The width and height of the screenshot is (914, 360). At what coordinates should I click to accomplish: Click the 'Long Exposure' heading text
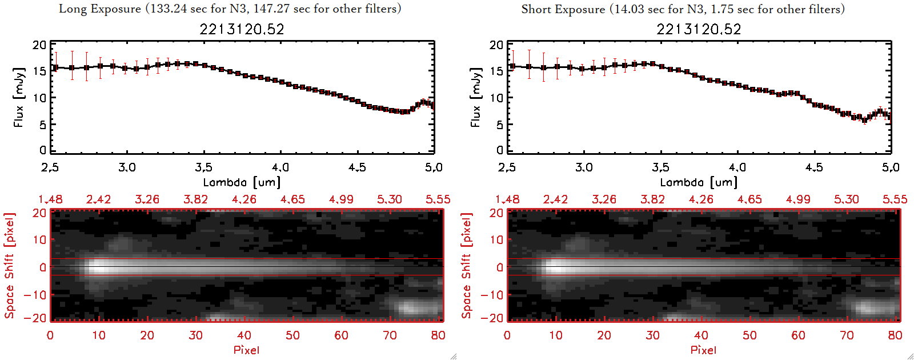(100, 9)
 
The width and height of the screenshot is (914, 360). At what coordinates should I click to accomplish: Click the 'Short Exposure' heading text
(563, 9)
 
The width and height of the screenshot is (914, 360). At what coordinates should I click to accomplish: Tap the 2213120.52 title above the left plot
(242, 29)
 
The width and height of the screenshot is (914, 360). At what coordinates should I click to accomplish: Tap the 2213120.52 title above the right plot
(699, 29)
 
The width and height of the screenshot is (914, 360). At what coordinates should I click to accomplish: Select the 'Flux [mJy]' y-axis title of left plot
(19, 97)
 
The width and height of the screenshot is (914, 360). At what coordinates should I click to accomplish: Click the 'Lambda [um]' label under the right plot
(699, 182)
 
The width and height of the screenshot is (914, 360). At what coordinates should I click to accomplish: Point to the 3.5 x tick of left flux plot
(203, 167)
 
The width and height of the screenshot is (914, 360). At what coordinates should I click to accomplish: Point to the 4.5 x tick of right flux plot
(814, 167)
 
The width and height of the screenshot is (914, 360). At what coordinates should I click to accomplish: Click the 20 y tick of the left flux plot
(39, 45)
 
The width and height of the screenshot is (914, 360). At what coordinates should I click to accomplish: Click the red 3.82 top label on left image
(195, 199)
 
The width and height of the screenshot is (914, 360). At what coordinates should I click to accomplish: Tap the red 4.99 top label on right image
(798, 199)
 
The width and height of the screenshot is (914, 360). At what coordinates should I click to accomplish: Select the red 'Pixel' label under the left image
(246, 350)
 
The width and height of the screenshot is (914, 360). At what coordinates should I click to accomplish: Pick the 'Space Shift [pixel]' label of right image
(467, 266)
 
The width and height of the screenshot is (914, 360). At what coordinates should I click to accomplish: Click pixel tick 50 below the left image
(292, 335)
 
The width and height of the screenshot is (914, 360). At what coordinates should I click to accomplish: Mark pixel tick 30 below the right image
(652, 335)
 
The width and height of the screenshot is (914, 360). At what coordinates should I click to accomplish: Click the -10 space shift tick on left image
(35, 295)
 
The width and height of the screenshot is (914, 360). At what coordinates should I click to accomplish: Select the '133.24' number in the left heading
(168, 9)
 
